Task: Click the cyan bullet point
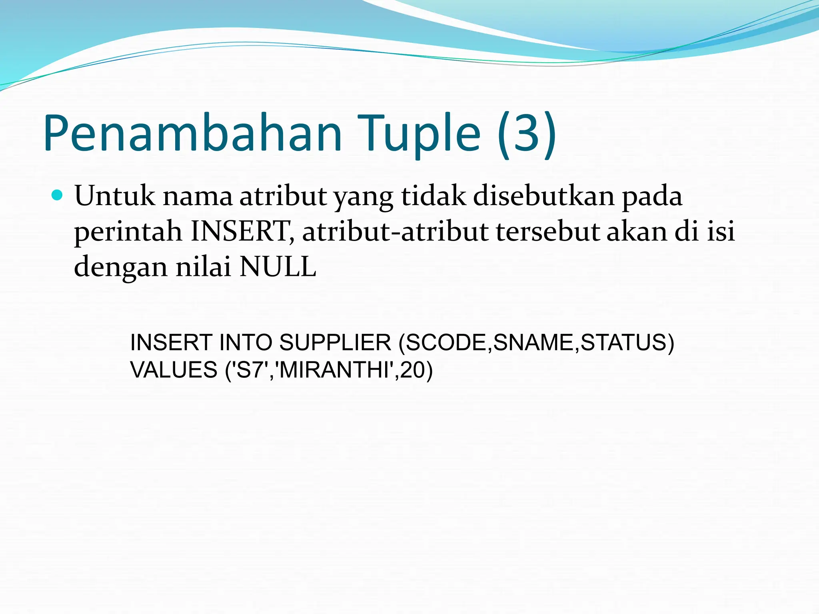pos(58,195)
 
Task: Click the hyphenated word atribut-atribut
pos(395,232)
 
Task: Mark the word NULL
pos(278,267)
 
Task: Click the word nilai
pos(204,267)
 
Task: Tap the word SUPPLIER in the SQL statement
pos(335,343)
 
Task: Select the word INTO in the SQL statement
pos(246,343)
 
